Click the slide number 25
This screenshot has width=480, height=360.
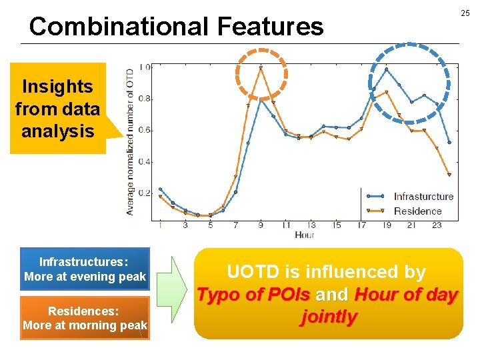(x=465, y=13)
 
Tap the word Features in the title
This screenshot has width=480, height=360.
(x=270, y=27)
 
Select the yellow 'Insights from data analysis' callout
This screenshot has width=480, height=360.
(x=58, y=109)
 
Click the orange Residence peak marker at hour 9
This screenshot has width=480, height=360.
(x=261, y=68)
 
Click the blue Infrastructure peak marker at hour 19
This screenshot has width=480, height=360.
(x=386, y=69)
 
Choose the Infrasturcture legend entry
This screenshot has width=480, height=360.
(x=423, y=196)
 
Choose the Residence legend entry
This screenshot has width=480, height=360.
(x=417, y=211)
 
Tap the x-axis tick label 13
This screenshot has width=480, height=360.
(x=311, y=225)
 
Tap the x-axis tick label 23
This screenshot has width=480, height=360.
(x=437, y=225)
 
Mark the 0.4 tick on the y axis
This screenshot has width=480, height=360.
(x=144, y=162)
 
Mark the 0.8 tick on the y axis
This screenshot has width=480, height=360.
(x=144, y=99)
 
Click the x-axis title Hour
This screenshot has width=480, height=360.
(x=304, y=235)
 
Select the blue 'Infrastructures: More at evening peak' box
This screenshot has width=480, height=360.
(x=85, y=269)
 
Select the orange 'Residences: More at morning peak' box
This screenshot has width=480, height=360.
(x=85, y=318)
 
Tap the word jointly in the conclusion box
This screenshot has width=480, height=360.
(x=329, y=317)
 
